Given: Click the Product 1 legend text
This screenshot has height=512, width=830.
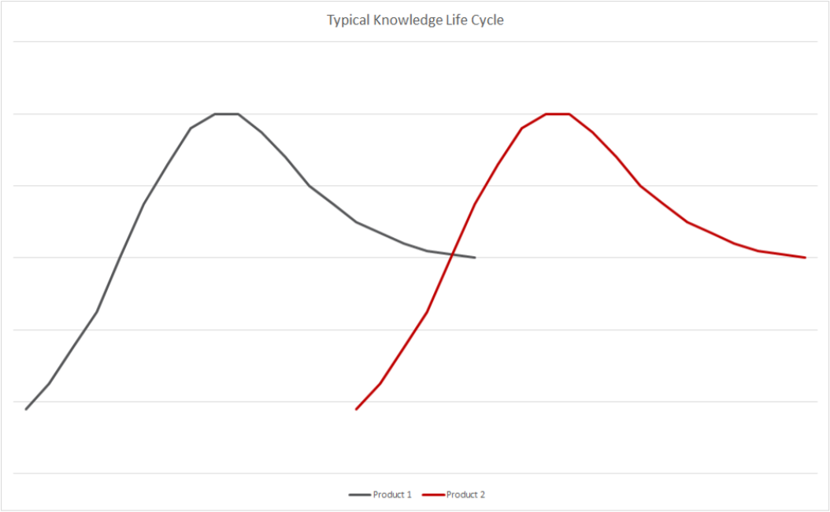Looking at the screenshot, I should point(392,495).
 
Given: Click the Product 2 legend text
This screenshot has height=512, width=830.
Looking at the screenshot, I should point(465,495).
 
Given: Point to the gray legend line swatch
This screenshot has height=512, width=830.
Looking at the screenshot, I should point(359,495).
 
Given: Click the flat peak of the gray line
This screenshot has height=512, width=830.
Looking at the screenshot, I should point(226,113).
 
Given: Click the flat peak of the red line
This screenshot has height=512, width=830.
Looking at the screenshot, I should point(557,113).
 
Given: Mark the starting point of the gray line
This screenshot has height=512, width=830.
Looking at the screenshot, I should point(26,409).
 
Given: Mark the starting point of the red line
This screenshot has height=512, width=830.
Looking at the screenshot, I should point(357,409).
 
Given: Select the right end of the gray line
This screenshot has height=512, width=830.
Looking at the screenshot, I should point(475,258).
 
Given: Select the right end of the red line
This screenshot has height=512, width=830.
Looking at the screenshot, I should point(805,258).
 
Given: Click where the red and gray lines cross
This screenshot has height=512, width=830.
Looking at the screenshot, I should point(450,254).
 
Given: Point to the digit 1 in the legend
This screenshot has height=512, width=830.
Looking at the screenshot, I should point(409,495).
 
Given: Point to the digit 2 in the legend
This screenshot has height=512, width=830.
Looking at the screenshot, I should point(482,495).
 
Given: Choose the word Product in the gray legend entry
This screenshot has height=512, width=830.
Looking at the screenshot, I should point(388,495).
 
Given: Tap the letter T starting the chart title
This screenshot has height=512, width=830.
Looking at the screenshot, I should point(331,20).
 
